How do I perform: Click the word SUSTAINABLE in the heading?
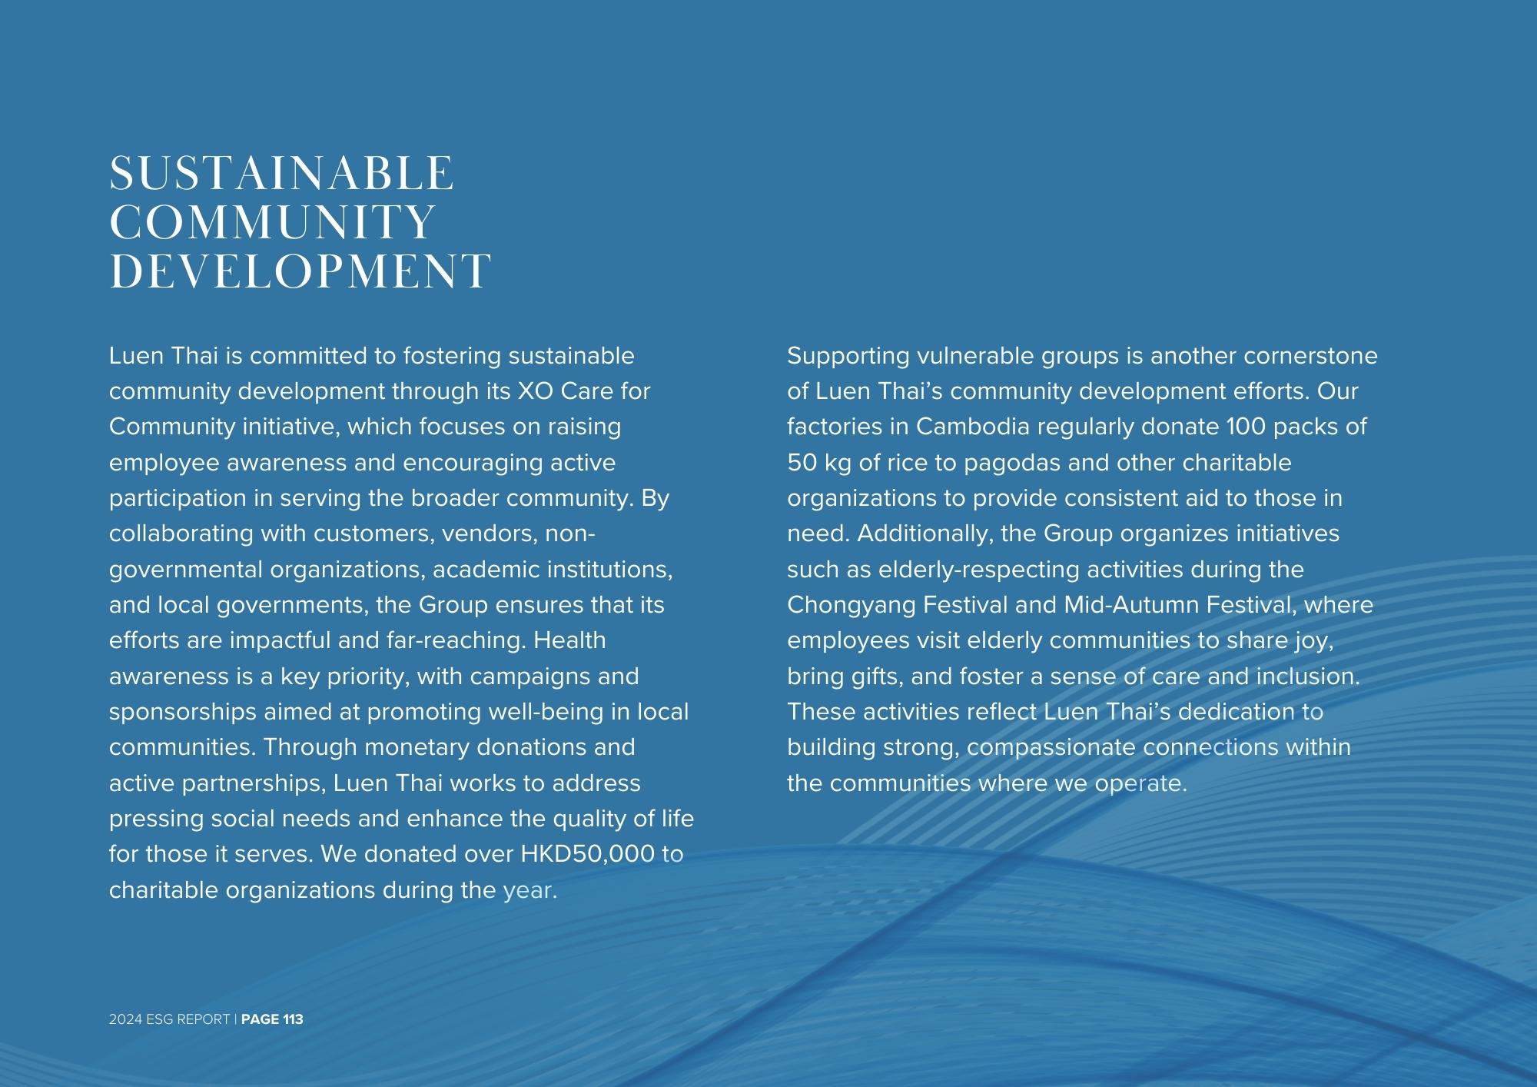(281, 174)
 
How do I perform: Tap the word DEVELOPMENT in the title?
(300, 271)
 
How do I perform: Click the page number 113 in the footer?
(293, 1019)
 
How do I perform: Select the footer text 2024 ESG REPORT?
(169, 1019)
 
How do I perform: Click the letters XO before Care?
(535, 391)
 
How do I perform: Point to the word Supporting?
(848, 357)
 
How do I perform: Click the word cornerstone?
(1310, 356)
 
